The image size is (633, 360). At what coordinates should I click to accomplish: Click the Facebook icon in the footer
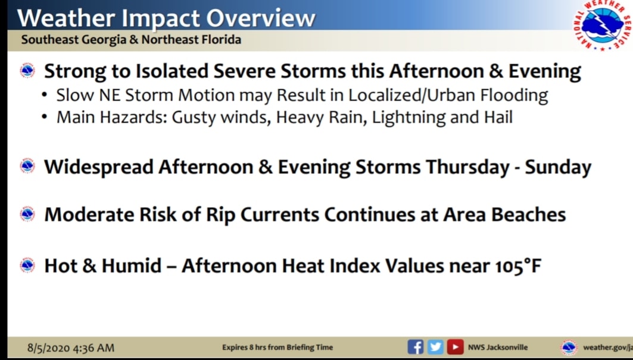pos(416,347)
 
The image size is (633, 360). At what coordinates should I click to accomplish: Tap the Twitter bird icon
pos(435,347)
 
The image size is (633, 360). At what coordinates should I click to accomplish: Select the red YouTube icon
pos(455,347)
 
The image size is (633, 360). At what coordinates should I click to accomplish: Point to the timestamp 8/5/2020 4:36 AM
pos(71,348)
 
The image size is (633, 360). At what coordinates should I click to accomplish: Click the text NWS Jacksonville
pos(498,347)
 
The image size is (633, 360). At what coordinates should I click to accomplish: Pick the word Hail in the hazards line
pos(498,117)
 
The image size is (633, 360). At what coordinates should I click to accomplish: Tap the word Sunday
pos(558,167)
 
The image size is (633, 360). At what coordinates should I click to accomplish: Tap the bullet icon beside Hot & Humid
pos(27,265)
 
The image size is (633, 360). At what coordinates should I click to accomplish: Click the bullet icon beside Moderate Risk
pos(27,214)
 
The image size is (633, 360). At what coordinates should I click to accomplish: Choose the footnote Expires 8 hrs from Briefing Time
pos(277,347)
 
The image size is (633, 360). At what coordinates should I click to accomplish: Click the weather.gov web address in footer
pos(608,347)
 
